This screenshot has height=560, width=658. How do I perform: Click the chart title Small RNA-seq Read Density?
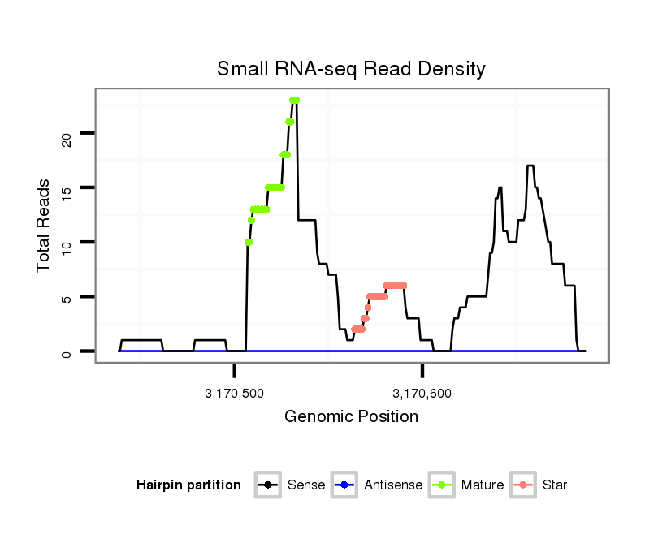[x=351, y=69]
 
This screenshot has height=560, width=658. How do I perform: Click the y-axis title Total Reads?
[x=44, y=226]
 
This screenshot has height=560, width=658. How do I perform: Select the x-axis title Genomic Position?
[x=351, y=417]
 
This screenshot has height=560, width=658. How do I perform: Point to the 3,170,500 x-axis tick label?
[x=235, y=394]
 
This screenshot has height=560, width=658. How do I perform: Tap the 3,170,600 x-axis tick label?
[x=422, y=394]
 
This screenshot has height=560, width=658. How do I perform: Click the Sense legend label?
[x=306, y=485]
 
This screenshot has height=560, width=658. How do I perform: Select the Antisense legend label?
[x=393, y=485]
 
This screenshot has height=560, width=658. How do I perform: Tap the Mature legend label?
[x=483, y=485]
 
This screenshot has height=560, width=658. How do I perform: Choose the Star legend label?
[x=554, y=485]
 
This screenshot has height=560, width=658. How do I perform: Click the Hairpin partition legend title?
[x=188, y=485]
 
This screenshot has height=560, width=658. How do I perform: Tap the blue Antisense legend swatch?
[x=344, y=485]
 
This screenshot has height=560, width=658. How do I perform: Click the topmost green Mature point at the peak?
[x=294, y=100]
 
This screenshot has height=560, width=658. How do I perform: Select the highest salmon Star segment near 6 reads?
[x=395, y=286]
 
